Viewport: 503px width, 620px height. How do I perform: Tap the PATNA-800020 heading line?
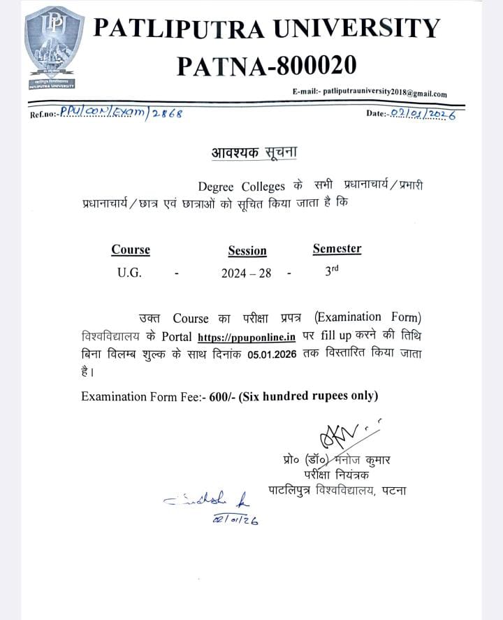266,66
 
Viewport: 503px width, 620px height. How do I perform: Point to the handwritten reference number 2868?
167,113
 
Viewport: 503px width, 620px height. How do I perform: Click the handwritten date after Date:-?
423,113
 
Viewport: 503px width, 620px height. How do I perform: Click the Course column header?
131,250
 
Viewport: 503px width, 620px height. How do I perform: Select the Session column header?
247,251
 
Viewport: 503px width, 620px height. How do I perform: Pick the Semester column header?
337,248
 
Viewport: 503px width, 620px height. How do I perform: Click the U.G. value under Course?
129,273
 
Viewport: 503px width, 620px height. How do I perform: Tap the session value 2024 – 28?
246,274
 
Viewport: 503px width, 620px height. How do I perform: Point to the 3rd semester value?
332,272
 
